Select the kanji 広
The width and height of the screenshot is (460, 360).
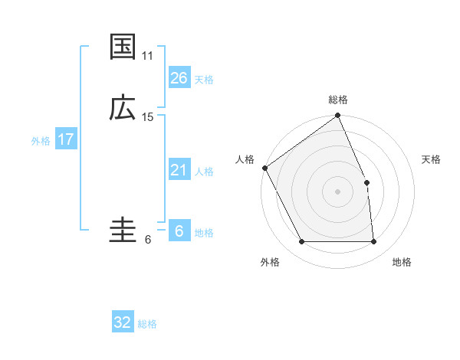tap(123, 108)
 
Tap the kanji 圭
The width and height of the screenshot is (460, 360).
tap(123, 231)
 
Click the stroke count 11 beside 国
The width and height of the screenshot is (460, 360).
tap(148, 56)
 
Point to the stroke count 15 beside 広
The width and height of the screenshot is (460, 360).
tap(148, 117)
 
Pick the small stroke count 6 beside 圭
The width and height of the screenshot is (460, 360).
tap(148, 240)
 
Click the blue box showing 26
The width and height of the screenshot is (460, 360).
tap(179, 78)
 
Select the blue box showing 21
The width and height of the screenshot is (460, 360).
tap(179, 170)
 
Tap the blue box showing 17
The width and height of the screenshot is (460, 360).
tap(65, 140)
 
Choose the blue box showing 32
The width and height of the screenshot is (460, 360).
tap(123, 322)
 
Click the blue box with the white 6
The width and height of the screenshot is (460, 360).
tap(179, 231)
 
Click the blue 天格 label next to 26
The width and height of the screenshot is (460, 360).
tap(204, 80)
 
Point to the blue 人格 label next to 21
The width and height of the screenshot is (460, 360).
tap(204, 172)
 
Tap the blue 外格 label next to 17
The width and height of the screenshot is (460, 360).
tap(41, 141)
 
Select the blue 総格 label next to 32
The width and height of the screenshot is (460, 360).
tap(147, 324)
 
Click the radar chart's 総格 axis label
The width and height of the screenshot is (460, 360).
tap(338, 100)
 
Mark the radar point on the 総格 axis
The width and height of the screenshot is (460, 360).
tap(338, 116)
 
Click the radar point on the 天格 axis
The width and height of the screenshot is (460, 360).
tap(366, 183)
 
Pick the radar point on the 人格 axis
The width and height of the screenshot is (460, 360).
tap(265, 168)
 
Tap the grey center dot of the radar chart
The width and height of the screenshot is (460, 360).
tap(338, 191)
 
